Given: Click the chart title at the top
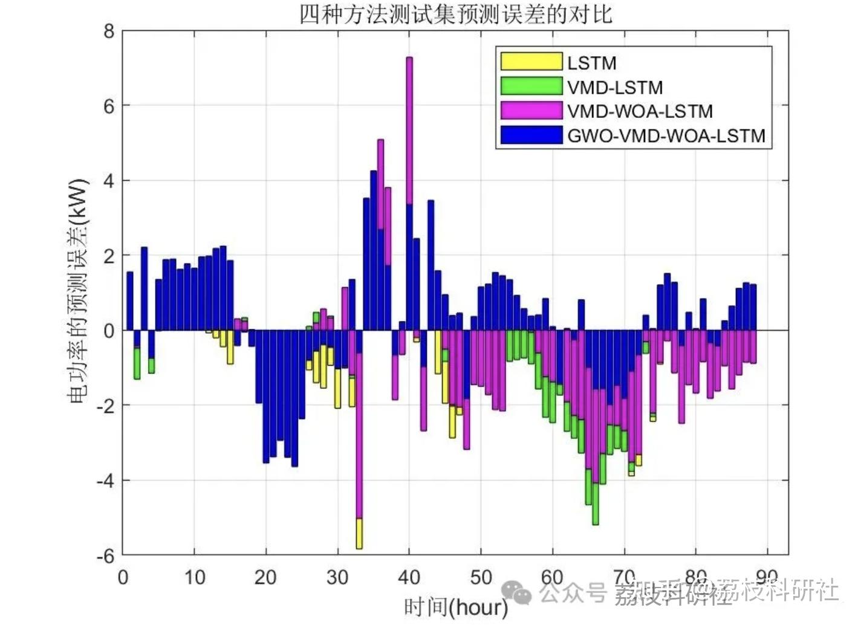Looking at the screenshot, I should point(456,14).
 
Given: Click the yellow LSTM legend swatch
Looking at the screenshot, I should point(531,62).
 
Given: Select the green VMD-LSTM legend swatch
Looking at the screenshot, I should point(531,86).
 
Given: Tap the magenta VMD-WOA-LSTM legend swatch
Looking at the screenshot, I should point(531,110).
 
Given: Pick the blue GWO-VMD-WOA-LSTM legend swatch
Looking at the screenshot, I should point(531,135).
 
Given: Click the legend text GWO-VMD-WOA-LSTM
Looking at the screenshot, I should point(666,135).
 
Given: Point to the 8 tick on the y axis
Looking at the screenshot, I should point(109,31).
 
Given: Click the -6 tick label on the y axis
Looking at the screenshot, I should point(105,555).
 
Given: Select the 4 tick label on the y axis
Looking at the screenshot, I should point(109,181).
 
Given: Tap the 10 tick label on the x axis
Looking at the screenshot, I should point(194,578).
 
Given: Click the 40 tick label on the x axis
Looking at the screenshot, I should point(409,578).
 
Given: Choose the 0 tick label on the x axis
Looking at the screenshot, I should point(123,578).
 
